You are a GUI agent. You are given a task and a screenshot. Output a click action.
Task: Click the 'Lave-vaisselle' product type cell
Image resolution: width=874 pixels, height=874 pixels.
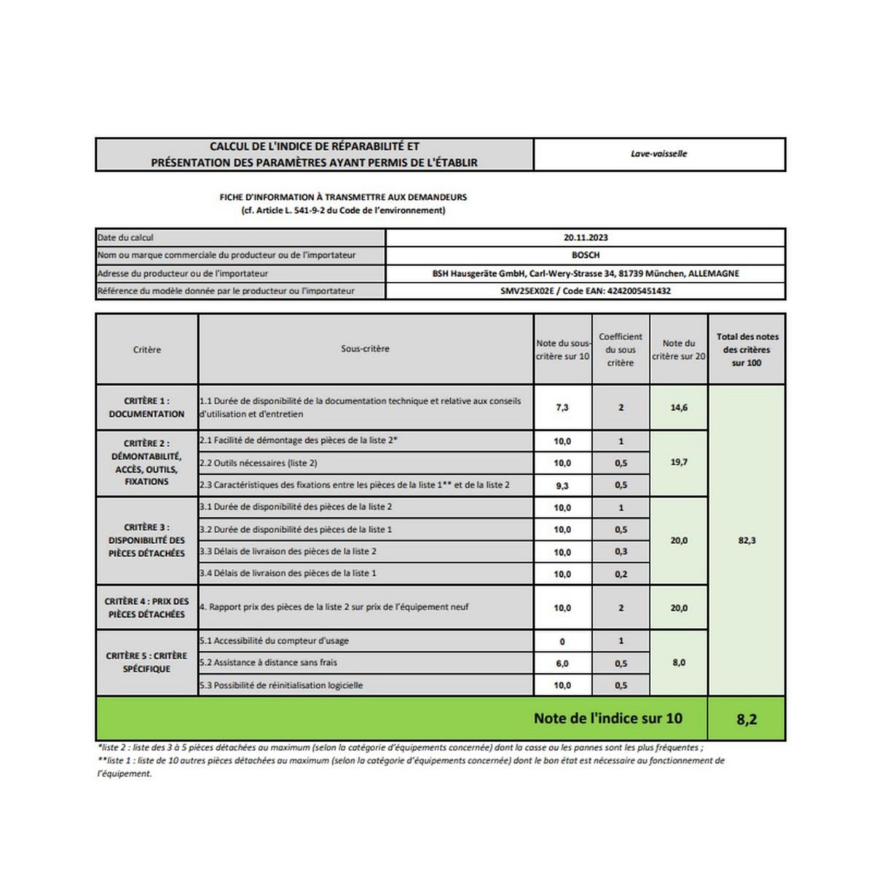(658, 154)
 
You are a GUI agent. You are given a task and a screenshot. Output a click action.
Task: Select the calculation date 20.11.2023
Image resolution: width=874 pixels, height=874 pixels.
(586, 237)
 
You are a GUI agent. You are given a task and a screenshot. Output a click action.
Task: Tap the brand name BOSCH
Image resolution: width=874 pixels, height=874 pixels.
(586, 256)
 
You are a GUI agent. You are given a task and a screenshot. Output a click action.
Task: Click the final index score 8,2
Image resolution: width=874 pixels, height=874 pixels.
(747, 720)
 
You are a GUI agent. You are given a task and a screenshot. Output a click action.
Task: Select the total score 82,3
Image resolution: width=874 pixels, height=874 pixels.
(747, 540)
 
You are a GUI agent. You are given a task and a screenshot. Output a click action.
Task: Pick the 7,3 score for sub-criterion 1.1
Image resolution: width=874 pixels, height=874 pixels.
(562, 408)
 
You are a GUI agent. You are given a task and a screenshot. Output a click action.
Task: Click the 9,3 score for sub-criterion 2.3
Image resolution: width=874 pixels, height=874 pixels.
(562, 485)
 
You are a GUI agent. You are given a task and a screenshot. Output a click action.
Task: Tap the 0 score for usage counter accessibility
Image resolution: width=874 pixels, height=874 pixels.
(562, 642)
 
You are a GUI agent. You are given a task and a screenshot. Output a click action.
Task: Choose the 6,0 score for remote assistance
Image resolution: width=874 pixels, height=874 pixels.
(562, 664)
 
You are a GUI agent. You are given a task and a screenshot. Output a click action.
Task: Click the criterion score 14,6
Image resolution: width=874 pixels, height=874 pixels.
(679, 408)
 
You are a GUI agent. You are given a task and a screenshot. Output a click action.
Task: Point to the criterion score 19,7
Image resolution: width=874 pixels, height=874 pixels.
(679, 462)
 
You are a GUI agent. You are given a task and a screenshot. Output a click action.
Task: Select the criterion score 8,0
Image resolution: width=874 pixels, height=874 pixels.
(679, 663)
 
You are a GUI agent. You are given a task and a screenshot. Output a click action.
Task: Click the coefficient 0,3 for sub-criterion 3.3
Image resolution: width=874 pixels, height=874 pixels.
(621, 552)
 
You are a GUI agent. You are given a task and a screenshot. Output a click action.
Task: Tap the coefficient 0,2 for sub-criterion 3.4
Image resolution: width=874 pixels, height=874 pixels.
(621, 574)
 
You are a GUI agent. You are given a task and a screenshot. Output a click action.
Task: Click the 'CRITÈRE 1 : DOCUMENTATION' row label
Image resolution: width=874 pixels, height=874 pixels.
(146, 407)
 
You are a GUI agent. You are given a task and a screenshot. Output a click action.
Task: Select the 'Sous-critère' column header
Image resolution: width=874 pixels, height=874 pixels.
(365, 349)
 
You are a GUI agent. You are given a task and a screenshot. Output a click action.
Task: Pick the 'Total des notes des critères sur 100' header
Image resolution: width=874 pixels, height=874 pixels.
(747, 350)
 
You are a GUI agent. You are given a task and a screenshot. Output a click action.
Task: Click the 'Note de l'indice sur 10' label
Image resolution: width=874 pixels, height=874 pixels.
(607, 718)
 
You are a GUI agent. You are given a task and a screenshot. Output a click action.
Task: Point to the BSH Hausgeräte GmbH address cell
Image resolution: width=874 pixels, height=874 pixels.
(586, 274)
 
